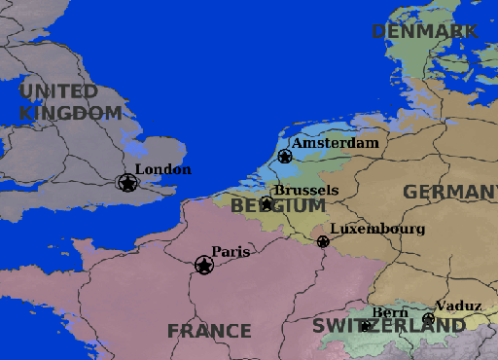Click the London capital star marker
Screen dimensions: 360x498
126,182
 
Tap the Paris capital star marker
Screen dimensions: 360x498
204,265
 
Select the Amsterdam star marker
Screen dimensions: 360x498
285,156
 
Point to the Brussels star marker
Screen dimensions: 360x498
267,203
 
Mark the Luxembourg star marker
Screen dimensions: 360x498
323,241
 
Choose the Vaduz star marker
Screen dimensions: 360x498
428,319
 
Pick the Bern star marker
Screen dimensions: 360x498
366,326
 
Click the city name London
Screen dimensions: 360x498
162,169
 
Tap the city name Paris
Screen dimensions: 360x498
231,252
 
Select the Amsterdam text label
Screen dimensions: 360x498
335,143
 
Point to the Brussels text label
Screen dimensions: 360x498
305,191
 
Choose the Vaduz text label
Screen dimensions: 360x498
458,306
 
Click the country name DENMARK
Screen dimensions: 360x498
425,32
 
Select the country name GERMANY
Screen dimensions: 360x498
449,193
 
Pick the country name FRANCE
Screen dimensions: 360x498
209,331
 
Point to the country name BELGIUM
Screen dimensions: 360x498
278,206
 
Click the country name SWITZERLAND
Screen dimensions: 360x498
389,326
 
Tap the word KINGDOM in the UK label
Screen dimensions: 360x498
71,113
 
